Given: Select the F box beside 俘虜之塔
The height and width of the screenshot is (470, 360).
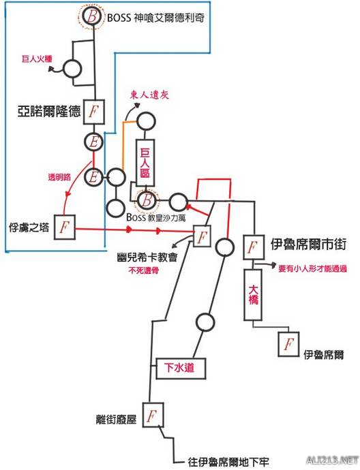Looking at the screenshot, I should point(64,225).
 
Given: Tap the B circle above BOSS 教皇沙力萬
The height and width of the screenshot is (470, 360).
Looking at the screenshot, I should point(146,201).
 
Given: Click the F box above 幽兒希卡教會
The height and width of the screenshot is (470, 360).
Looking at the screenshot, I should point(202,236).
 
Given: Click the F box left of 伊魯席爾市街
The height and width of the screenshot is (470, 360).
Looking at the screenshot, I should point(252,246).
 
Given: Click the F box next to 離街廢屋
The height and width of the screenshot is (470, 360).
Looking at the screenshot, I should point(153,415).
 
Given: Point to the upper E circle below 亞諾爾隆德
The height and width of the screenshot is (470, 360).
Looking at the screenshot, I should point(93,142).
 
